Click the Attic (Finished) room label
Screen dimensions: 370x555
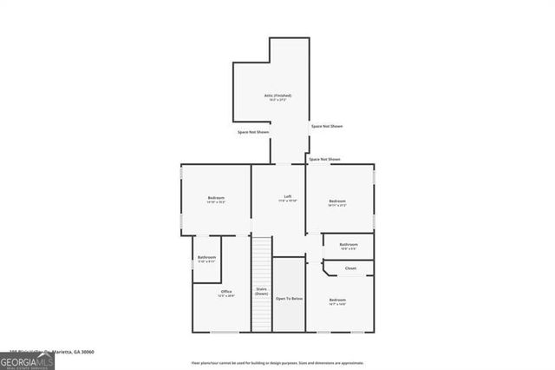277,95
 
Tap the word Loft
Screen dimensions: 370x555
287,195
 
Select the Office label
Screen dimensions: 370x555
226,291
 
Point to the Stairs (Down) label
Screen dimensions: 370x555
261,291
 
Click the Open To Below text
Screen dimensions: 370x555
289,298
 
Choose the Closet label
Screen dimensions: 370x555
350,268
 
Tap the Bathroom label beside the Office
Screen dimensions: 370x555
206,257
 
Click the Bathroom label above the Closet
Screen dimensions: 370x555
349,245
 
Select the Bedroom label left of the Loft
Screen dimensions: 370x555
216,199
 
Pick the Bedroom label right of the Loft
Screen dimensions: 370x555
337,202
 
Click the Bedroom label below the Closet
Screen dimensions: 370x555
337,300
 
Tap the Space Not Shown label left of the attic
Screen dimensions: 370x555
252,132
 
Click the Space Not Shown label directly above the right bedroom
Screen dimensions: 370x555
324,160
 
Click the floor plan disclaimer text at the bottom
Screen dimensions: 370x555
277,363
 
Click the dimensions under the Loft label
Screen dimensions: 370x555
287,201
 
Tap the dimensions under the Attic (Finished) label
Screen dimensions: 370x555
277,100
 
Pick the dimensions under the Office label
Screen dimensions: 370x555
226,296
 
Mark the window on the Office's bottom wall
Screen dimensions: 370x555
225,332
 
